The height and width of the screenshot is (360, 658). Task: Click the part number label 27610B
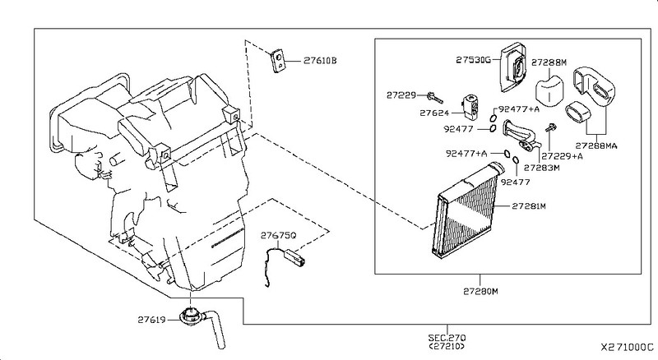pyautogui.click(x=320, y=61)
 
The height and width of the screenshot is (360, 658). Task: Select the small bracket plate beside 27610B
pyautogui.click(x=277, y=61)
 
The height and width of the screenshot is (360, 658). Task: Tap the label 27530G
pyautogui.click(x=473, y=60)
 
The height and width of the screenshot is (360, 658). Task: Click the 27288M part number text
pyautogui.click(x=549, y=62)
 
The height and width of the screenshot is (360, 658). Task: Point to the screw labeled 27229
pyautogui.click(x=435, y=98)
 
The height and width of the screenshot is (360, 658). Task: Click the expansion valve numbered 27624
pyautogui.click(x=470, y=105)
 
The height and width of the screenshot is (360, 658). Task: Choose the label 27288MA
pyautogui.click(x=595, y=145)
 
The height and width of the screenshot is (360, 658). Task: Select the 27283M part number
pyautogui.click(x=542, y=168)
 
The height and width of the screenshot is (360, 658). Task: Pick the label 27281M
pyautogui.click(x=529, y=206)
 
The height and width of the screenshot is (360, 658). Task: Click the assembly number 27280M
pyautogui.click(x=480, y=291)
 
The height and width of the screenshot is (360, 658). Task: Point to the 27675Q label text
pyautogui.click(x=278, y=235)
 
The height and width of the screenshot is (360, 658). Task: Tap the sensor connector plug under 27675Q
pyautogui.click(x=294, y=256)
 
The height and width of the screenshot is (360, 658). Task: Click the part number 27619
pyautogui.click(x=150, y=320)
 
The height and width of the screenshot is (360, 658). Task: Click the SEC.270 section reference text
pyautogui.click(x=447, y=337)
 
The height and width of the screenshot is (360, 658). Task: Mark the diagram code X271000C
pyautogui.click(x=627, y=348)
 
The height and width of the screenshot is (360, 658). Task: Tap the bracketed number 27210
pyautogui.click(x=447, y=346)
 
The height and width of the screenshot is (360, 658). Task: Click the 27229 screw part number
pyautogui.click(x=401, y=95)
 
